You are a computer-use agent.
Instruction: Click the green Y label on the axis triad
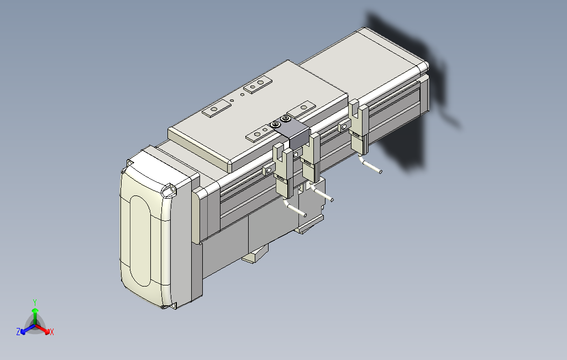[34, 302]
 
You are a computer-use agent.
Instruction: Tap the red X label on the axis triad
[51, 332]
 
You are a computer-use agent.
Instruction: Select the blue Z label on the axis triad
[18, 332]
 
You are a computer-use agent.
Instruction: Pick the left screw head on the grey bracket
[275, 125]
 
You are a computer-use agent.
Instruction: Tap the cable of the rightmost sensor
[371, 165]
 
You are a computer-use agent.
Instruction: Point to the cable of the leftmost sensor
[295, 208]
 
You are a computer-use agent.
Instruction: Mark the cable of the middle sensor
[322, 193]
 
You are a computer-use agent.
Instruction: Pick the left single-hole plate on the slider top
[217, 109]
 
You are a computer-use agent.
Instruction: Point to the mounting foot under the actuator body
[255, 255]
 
